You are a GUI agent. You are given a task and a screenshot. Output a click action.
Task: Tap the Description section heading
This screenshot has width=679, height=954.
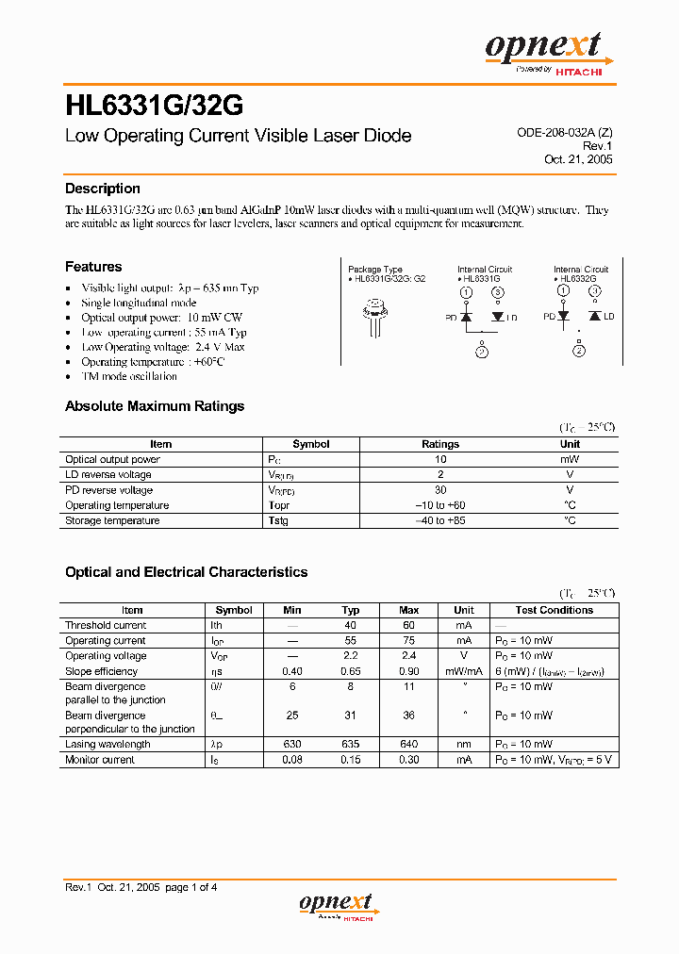(102, 189)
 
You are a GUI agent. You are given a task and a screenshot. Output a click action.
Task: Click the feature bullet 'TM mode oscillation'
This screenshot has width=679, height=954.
(129, 376)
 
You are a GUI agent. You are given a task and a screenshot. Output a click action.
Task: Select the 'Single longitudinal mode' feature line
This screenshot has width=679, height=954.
(139, 303)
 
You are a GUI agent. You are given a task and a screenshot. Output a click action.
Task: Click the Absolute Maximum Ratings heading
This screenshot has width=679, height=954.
(155, 406)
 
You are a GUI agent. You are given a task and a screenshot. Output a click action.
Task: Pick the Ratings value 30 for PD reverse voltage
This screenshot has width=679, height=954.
(439, 490)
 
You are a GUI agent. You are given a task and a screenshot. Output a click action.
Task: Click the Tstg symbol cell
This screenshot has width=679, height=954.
(278, 520)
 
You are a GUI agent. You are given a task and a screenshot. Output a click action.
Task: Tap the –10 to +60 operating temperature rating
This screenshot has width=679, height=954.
(439, 505)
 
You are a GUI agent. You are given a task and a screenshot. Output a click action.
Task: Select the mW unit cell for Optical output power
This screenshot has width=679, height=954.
(570, 459)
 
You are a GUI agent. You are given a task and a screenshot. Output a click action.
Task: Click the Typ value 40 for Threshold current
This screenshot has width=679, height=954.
(351, 625)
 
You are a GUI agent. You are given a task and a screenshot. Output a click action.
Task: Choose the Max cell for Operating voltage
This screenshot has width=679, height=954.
(408, 655)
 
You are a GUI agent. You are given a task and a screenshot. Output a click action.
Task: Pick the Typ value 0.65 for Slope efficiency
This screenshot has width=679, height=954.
(351, 671)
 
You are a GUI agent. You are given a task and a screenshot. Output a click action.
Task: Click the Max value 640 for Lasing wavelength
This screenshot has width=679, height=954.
(408, 744)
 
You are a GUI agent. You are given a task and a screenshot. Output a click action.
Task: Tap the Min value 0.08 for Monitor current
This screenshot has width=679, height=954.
(292, 759)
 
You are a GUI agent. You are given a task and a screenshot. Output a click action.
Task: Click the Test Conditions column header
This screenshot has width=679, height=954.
(554, 610)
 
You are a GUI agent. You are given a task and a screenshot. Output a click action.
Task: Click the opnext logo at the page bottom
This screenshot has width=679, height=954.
(337, 906)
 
